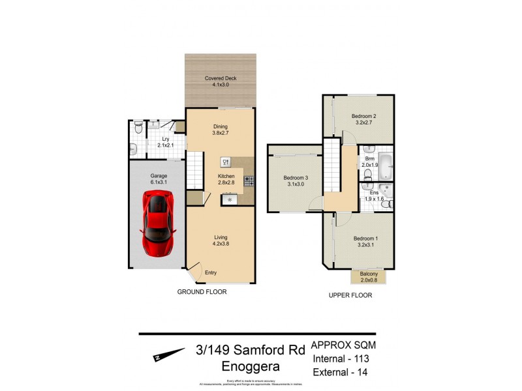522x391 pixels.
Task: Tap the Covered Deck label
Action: [219, 81]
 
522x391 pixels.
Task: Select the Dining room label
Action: [219, 130]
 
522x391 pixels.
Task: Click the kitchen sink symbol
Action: [225, 162]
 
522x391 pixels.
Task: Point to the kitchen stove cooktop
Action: [249, 182]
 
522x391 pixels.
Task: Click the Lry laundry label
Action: [166, 142]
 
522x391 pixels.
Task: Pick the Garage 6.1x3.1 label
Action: [159, 179]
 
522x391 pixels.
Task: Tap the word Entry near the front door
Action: [211, 272]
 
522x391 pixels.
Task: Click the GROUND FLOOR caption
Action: [202, 292]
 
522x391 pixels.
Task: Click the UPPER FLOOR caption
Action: [350, 295]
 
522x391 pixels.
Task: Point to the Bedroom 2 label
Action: [365, 119]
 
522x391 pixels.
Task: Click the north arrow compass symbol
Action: [169, 355]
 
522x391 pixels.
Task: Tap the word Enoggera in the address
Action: [250, 367]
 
